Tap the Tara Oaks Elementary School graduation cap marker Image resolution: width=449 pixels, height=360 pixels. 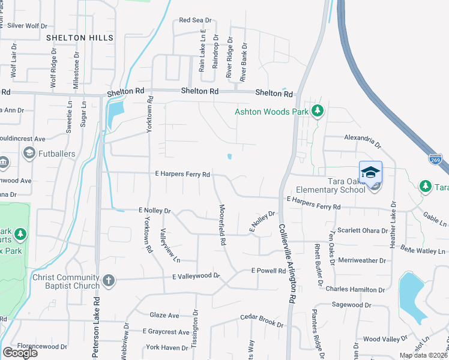[x=370, y=172]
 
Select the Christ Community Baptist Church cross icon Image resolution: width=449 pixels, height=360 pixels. [x=108, y=280]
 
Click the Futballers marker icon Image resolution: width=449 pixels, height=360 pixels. [x=28, y=154]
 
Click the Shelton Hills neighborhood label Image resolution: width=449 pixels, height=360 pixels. [x=80, y=38]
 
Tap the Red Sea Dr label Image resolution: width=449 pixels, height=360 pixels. [x=196, y=20]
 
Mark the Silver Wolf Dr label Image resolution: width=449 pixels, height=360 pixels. [x=27, y=26]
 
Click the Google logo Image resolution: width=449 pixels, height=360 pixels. [x=20, y=353]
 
